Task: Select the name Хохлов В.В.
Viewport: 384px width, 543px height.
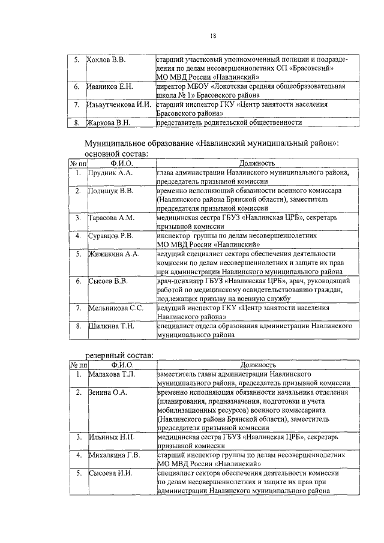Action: tap(106, 61)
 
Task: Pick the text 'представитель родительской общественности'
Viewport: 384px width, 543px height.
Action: tap(229, 123)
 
